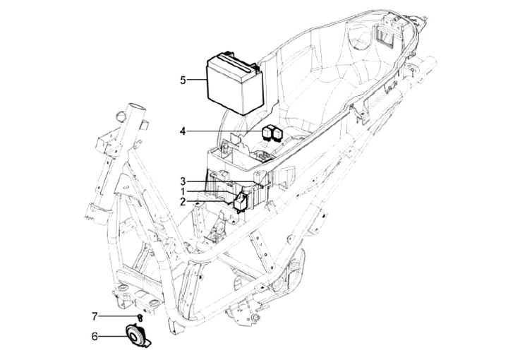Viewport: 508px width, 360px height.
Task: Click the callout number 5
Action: pos(183,80)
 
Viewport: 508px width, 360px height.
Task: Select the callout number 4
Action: pos(183,131)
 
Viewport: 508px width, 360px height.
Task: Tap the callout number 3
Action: pos(183,181)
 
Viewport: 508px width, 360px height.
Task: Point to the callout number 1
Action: pos(183,191)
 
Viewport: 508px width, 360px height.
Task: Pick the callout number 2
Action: pos(183,202)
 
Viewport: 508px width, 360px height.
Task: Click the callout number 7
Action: pos(95,316)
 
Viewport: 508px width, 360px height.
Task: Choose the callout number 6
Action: pos(95,336)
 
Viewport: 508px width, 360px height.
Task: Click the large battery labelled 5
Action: pos(235,83)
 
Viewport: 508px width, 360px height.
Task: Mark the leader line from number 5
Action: pos(197,79)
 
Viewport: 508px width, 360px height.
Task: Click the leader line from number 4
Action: pos(224,131)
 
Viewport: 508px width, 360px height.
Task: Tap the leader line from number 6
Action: pos(112,336)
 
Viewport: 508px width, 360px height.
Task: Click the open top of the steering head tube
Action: pos(137,107)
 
